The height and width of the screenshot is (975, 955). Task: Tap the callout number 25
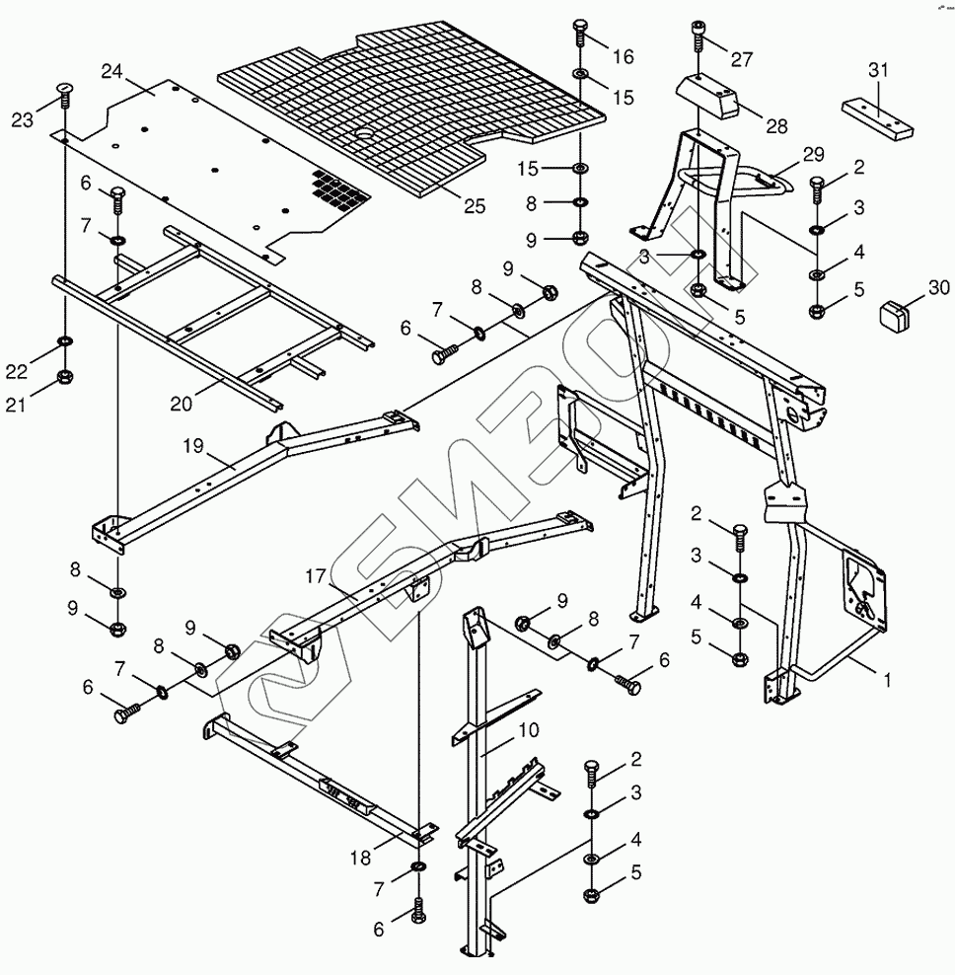[475, 205]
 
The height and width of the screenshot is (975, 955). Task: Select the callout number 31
[878, 70]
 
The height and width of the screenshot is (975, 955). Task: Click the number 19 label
[192, 446]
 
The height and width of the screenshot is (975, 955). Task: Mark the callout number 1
[887, 680]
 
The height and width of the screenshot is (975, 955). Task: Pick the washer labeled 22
[65, 341]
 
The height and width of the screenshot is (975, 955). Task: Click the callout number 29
[812, 155]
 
